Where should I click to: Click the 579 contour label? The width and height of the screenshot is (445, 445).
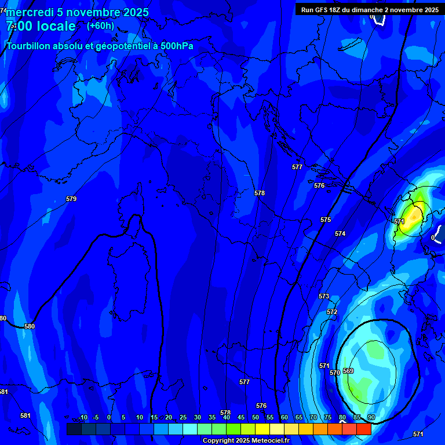click(71, 199)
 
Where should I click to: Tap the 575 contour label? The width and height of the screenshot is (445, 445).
click(326, 220)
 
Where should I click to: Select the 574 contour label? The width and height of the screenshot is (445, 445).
click(340, 234)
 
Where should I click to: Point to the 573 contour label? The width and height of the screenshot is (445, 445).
click(324, 296)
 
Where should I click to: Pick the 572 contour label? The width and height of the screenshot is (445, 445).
click(332, 312)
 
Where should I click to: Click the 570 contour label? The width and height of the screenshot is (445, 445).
click(335, 373)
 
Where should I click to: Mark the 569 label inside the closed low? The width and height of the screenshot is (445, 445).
click(348, 371)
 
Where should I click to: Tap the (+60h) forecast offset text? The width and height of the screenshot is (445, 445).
click(100, 25)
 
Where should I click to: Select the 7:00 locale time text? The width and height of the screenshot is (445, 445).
click(41, 26)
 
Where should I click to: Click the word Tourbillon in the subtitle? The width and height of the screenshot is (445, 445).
click(29, 46)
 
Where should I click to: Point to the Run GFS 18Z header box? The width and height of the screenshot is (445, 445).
click(370, 9)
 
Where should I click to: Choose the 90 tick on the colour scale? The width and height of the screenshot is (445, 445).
click(371, 417)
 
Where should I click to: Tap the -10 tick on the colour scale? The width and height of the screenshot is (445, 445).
click(82, 417)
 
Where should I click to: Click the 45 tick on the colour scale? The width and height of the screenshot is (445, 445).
click(241, 417)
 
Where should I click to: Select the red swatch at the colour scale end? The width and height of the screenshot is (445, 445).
click(364, 429)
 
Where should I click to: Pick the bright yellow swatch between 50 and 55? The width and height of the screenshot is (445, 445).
click(262, 429)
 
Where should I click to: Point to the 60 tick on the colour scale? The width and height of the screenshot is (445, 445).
click(284, 417)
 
